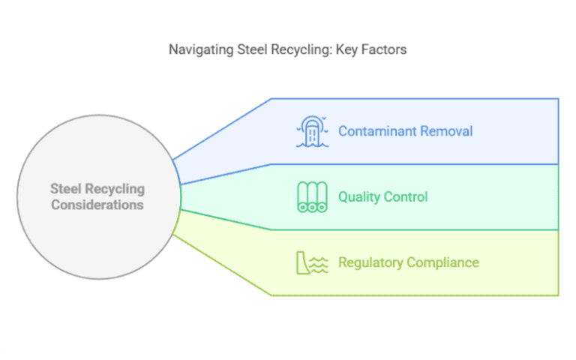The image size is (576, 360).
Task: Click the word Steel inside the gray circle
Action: click(x=65, y=189)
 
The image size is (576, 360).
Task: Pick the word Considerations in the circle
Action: click(x=97, y=204)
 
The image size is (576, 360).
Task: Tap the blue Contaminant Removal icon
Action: click(x=313, y=131)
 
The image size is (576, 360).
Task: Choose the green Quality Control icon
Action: click(x=313, y=197)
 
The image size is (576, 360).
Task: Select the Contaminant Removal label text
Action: click(x=405, y=131)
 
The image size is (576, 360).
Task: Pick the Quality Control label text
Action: click(x=383, y=197)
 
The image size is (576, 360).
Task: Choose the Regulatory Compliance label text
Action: click(x=408, y=262)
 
